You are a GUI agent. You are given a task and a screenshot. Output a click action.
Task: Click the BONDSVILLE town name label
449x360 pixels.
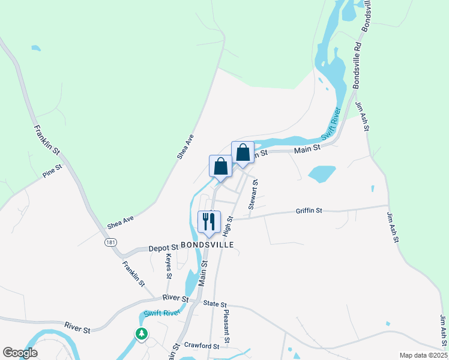coord(203,245)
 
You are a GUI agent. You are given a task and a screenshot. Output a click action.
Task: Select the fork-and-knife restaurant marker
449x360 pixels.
coord(209,221)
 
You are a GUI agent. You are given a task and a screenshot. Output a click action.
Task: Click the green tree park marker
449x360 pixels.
coord(142,334)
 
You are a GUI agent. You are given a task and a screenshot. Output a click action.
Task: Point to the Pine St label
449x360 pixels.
coord(52,172)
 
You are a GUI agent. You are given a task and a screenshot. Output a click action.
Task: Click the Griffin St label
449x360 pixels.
coord(309,211)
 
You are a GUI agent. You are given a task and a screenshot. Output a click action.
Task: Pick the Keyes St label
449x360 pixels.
coord(169,265)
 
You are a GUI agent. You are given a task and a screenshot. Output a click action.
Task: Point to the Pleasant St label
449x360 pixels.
coord(226,326)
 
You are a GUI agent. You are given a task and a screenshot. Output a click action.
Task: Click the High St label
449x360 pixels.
coord(228,226)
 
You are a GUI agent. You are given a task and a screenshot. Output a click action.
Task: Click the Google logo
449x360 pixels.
coord(20,353)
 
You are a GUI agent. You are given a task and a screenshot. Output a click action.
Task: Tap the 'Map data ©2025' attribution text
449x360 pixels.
coord(423,355)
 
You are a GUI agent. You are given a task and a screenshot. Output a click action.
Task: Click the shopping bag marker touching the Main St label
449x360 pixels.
coord(243,152)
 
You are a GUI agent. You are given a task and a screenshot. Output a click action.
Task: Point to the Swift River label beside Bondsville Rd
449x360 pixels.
coord(331,124)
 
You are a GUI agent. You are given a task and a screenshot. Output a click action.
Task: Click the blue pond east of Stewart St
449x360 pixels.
coord(322,173)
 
